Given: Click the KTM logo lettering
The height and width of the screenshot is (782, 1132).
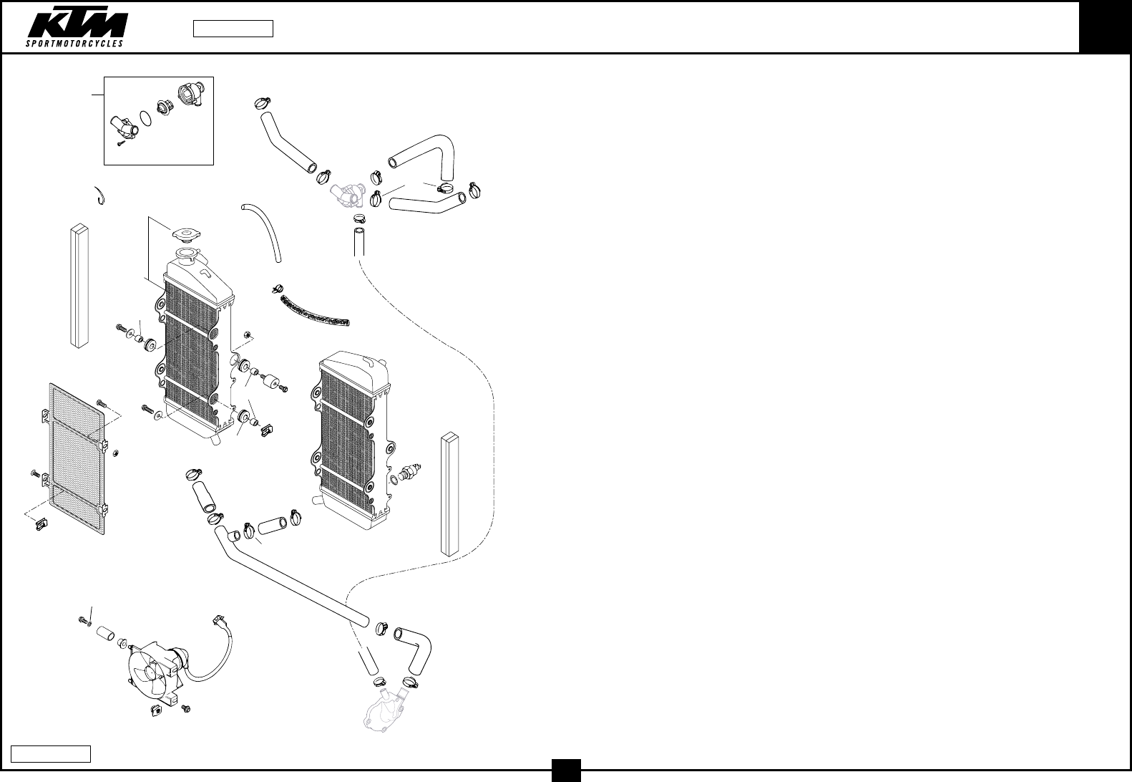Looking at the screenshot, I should pyautogui.click(x=78, y=25).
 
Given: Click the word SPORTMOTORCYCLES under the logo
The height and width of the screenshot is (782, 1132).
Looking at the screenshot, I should pyautogui.click(x=75, y=43).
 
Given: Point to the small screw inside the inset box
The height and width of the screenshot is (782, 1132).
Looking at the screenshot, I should pyautogui.click(x=122, y=144).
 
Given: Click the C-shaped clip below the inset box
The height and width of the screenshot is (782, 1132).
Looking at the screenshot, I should pyautogui.click(x=100, y=195).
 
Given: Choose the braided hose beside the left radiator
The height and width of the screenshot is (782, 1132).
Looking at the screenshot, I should pyautogui.click(x=315, y=312).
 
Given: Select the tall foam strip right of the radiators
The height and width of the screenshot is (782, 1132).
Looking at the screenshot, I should pyautogui.click(x=449, y=494).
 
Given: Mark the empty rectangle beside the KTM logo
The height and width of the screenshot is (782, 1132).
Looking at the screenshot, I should pyautogui.click(x=233, y=29).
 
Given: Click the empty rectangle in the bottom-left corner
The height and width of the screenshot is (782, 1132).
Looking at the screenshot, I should pyautogui.click(x=51, y=753).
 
